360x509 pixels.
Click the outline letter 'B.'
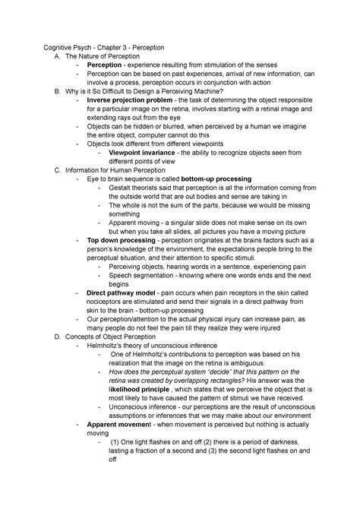coord(49,89)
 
